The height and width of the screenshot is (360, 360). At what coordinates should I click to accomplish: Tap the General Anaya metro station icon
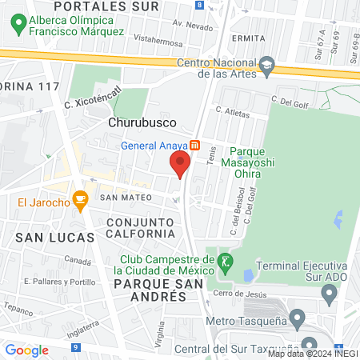pos(194,146)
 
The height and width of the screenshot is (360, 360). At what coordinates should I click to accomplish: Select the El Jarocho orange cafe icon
pos(79,200)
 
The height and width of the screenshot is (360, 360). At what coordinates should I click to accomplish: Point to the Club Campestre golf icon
pos(226,260)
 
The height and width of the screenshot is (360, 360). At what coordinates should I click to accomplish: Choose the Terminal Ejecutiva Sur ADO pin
pos(328,295)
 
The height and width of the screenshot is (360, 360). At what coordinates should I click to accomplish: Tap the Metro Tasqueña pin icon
pos(298,321)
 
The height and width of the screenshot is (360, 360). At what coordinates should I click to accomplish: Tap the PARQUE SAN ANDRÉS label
pos(150,290)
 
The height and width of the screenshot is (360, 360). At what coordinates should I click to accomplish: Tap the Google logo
pos(27,350)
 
